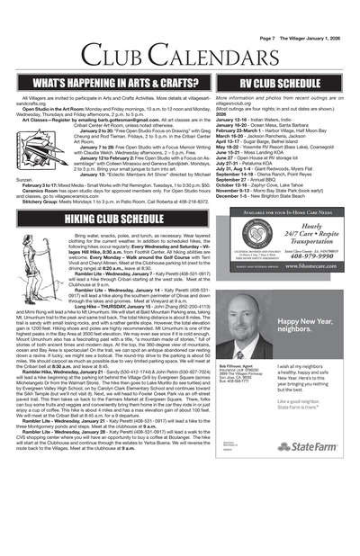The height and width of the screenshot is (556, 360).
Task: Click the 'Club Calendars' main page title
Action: click(x=180, y=32)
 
